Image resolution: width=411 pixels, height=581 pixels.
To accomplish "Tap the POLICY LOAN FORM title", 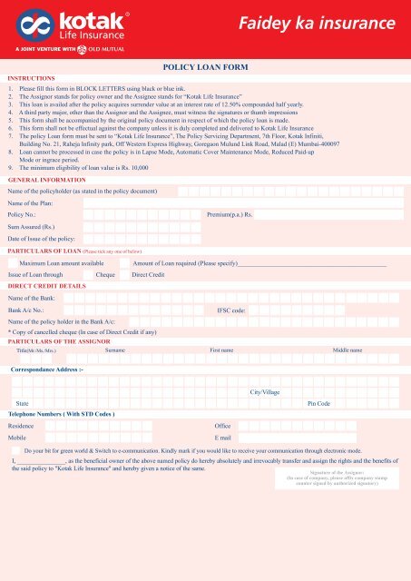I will (x=205, y=67).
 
